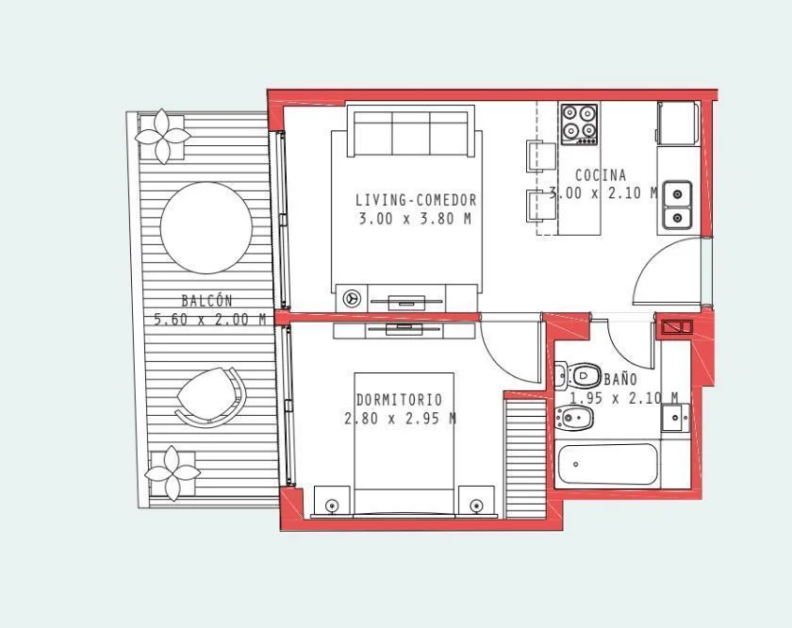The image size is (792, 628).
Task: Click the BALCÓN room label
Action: pos(206,301)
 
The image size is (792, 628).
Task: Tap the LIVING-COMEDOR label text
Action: pos(416,200)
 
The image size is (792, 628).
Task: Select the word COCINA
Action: pos(601,175)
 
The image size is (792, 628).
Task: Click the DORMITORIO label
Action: pos(399,400)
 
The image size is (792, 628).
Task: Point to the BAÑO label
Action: pos(620,379)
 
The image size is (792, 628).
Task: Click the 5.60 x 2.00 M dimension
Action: pos(209,320)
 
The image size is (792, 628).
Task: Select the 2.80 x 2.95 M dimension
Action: pos(400,419)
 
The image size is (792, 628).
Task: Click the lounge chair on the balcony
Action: pos(211,397)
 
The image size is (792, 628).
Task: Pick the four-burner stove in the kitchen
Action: pos(579,124)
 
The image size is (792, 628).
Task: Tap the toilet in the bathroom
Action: pos(577,376)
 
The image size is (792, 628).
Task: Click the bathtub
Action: pos(607,464)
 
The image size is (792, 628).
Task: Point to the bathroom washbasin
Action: pos(675,418)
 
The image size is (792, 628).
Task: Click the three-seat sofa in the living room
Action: pos(411,131)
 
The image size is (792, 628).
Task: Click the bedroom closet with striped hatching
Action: pos(526,457)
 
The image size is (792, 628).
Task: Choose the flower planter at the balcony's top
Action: pos(162,136)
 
